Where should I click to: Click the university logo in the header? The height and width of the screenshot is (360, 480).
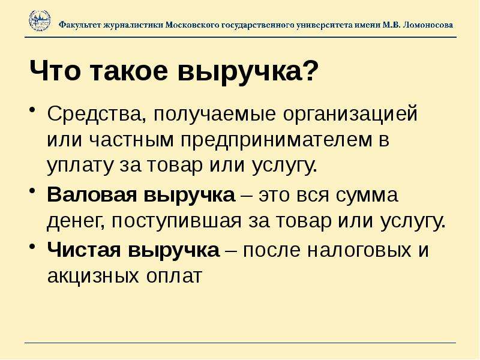[40, 21]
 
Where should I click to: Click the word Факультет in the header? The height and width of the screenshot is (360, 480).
[80, 25]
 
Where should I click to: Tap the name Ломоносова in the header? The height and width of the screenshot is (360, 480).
[428, 25]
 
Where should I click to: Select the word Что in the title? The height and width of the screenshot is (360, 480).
[55, 71]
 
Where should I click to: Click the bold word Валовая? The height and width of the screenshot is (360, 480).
[92, 194]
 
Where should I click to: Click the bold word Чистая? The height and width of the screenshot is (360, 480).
[84, 250]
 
